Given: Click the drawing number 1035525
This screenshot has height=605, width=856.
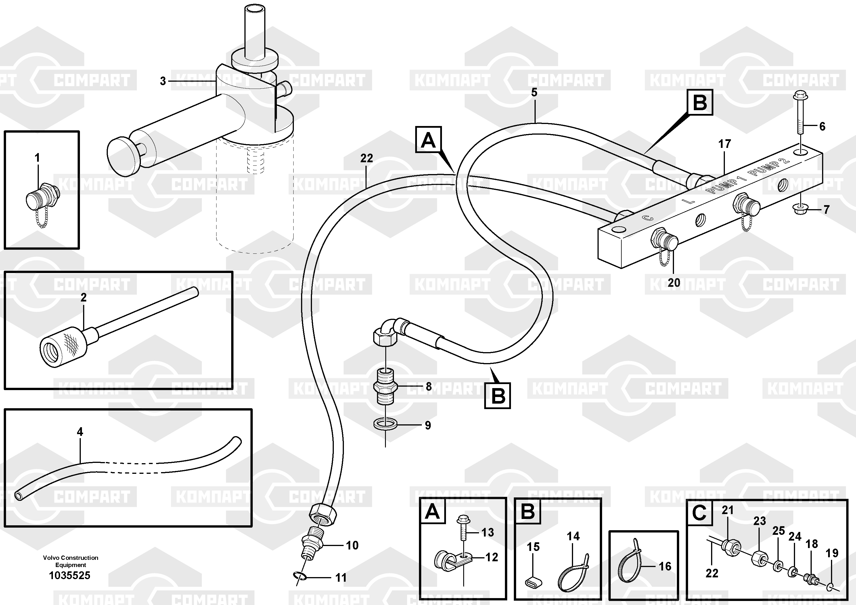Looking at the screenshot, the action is coord(70,576).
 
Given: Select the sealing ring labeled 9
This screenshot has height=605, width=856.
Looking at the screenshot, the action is coord(385,424).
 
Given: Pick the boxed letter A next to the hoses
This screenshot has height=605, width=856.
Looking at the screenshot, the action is coord(428,140).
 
